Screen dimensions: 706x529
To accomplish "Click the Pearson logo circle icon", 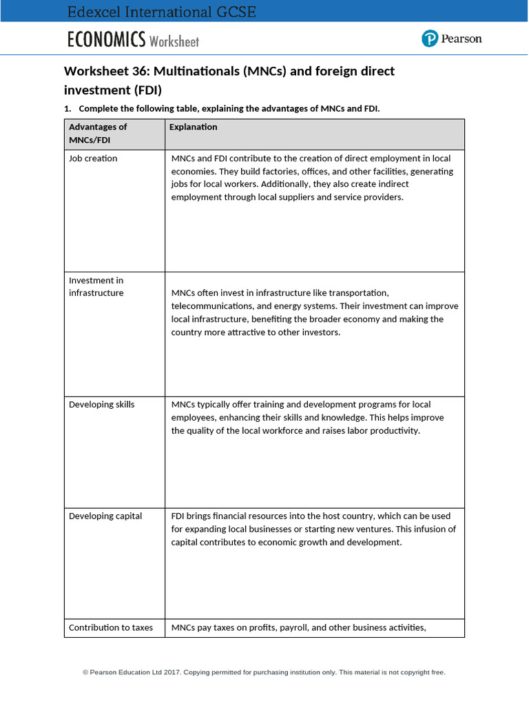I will click(431, 39).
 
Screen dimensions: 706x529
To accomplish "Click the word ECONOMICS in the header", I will click(106, 40).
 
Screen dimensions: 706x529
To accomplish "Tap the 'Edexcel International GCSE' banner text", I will click(162, 12).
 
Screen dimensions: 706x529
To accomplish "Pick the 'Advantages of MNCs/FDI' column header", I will click(98, 134).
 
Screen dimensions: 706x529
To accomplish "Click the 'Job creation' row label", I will click(93, 159).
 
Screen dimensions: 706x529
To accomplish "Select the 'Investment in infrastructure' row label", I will click(96, 287).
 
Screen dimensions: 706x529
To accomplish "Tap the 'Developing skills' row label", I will click(102, 405).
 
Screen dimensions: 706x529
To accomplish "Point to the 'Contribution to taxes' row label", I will click(111, 628).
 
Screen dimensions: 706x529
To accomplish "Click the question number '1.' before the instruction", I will click(68, 109).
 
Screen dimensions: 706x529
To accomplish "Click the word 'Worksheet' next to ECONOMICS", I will click(174, 41).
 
